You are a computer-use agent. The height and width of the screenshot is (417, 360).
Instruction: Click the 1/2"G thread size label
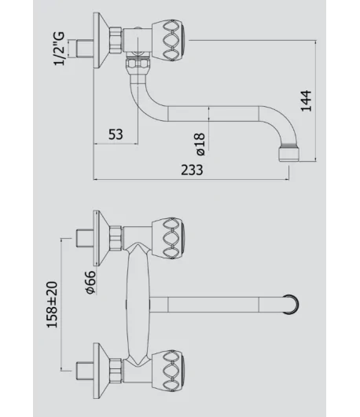click(x=59, y=49)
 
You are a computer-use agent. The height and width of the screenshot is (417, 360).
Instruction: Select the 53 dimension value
click(x=116, y=134)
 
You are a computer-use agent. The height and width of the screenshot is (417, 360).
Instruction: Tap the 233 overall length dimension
click(x=192, y=170)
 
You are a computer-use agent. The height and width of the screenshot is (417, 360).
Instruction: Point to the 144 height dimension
click(x=307, y=101)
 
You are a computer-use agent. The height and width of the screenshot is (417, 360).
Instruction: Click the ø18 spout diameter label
click(x=200, y=144)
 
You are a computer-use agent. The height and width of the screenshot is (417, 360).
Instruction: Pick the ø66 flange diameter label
click(x=91, y=282)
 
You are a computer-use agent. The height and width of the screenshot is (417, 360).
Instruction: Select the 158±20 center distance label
click(x=52, y=305)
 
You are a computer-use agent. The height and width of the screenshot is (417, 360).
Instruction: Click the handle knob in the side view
click(x=169, y=40)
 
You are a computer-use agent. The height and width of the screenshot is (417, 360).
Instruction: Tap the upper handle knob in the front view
click(x=169, y=238)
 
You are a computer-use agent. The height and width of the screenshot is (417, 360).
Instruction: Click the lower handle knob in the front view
click(x=169, y=371)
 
